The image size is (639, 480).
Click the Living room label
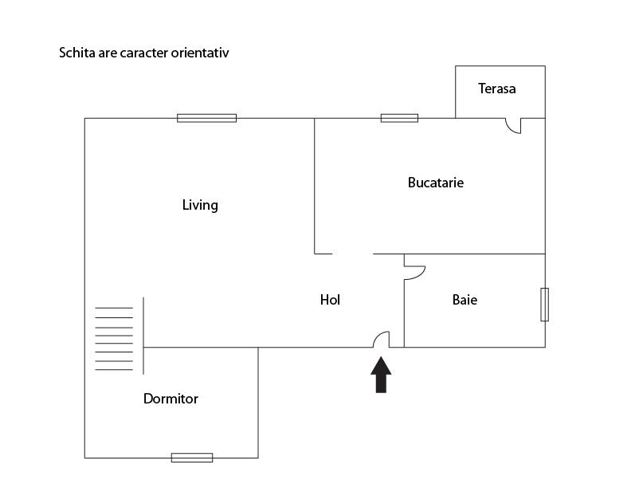pos(200,205)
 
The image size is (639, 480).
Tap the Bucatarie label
pos(436,183)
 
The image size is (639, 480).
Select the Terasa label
pos(496,89)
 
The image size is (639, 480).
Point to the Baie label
pos(465,300)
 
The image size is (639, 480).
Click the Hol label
pos(330,300)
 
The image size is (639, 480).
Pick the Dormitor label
pos(171,399)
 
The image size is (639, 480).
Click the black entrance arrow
pos(381,375)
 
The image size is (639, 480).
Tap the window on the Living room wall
pos(206,118)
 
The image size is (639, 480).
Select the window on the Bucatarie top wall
pos(399,118)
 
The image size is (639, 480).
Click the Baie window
pos(545,305)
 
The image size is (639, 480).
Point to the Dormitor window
pos(192,458)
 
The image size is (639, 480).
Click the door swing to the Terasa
pos(511,130)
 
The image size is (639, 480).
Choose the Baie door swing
pos(421,275)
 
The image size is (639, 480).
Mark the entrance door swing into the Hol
pos(378,334)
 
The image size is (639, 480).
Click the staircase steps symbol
pos(114,339)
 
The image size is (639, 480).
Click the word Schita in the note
pos(77,53)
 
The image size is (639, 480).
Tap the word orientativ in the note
pos(200,53)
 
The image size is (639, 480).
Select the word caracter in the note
pos(144,53)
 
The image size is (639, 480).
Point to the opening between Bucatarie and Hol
pos(352,254)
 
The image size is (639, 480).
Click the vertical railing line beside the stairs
pos(143,336)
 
